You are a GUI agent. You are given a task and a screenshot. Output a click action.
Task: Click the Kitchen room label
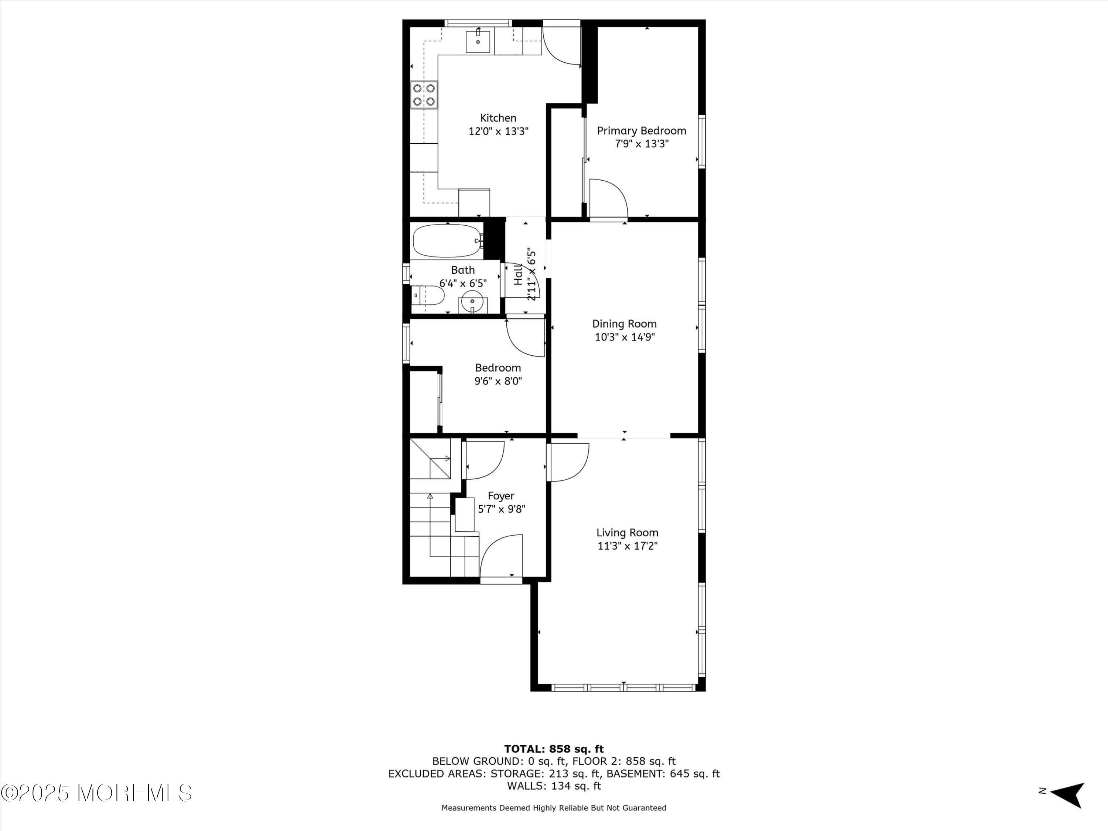click(x=498, y=118)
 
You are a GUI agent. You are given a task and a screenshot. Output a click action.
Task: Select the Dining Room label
click(x=624, y=324)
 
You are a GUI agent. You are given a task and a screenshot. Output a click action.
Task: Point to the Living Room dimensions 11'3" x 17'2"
click(x=627, y=546)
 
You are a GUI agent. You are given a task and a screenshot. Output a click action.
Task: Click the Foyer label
click(x=501, y=496)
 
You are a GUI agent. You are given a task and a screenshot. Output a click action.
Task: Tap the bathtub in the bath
click(x=447, y=241)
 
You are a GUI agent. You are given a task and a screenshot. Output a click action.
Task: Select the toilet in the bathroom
click(x=428, y=295)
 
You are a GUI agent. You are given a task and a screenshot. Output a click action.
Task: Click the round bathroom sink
click(x=472, y=302)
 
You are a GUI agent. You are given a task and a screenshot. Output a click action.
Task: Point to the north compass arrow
click(x=1068, y=794)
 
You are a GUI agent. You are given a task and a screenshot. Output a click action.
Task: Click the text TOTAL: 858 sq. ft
click(x=554, y=749)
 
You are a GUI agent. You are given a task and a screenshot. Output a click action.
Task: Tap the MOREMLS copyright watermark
click(x=96, y=793)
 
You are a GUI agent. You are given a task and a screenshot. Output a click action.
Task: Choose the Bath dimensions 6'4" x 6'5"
click(x=463, y=284)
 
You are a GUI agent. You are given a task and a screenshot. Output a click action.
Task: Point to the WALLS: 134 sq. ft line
click(x=554, y=786)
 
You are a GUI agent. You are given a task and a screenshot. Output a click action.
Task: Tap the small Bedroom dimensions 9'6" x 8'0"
click(x=498, y=381)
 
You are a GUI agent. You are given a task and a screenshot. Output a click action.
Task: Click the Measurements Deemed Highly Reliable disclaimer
click(x=554, y=807)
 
